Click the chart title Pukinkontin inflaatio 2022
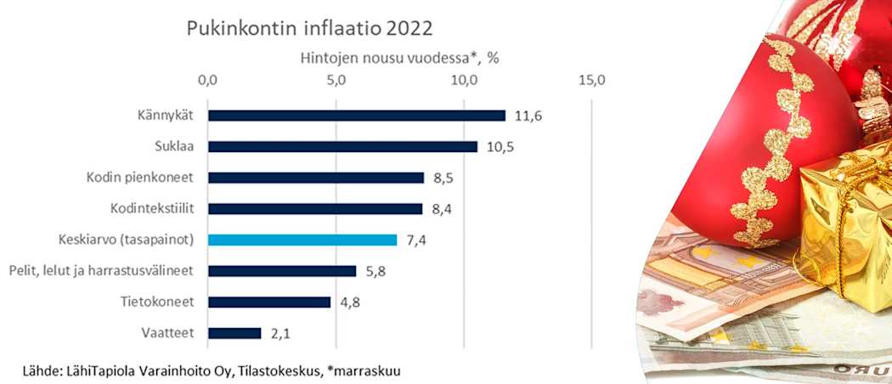310,28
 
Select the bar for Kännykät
357,116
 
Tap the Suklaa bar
342,146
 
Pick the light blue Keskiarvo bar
302,240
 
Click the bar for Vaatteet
234,333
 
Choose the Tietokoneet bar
269,302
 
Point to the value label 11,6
528,116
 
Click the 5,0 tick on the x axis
336,81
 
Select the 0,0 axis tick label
207,81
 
